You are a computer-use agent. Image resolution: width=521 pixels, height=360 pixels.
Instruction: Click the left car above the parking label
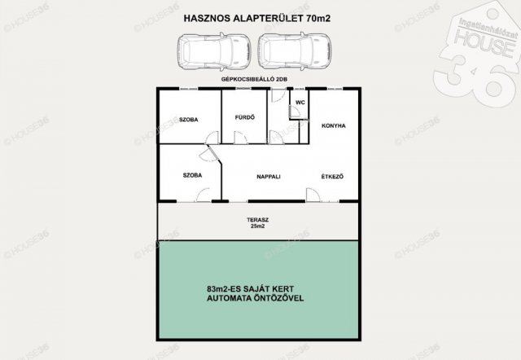pos(213,51)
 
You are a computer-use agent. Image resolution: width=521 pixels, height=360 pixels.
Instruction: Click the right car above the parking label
pos(295,51)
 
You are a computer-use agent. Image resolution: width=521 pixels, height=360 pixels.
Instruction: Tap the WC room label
pos(300,103)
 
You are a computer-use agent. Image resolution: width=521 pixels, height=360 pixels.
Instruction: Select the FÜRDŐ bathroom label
pos(245,117)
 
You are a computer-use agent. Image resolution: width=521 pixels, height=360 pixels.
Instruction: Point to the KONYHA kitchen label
pos(334,125)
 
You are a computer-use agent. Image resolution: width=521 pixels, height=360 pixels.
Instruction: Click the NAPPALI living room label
pos(269,177)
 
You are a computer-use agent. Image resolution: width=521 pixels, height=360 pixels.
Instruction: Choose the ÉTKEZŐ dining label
pos(332,177)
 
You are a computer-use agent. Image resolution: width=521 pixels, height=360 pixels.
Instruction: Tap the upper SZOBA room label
pos(188,120)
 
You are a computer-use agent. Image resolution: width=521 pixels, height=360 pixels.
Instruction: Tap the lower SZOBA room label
pos(192,175)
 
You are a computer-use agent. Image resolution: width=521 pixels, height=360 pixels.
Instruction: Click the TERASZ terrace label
pos(258,220)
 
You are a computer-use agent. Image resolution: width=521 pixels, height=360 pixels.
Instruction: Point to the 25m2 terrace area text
pos(258,226)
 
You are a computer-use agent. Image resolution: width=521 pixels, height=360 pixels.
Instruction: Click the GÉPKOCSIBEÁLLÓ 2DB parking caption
pos(254,79)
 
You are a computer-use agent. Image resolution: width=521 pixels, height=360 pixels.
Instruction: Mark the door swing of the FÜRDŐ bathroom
pos(241,138)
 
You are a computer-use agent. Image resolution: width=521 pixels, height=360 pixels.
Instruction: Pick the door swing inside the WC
pos(295,112)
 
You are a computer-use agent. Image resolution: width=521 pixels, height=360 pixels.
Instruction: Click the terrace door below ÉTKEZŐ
pos(313,195)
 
